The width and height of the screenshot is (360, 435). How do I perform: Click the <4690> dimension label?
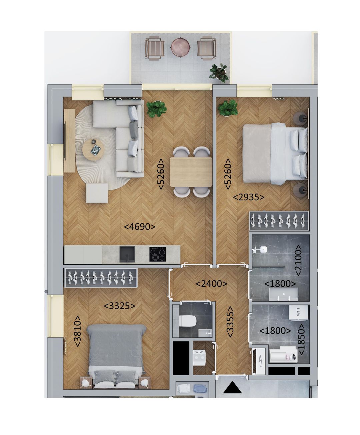tap(140, 227)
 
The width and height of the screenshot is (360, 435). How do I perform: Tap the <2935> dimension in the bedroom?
tap(249, 197)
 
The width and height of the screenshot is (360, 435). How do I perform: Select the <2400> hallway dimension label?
tap(211, 284)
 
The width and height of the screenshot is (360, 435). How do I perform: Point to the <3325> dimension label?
tap(119, 306)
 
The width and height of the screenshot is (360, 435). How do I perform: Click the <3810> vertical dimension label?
tap(77, 332)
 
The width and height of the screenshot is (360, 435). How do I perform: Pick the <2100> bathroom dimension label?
tap(298, 261)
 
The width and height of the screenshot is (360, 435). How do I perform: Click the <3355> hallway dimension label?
tap(230, 322)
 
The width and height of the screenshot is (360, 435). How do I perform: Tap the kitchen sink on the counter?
tap(127, 254)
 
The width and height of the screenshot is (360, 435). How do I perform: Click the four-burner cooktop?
tap(158, 254)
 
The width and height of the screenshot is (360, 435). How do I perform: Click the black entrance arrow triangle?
tap(233, 389)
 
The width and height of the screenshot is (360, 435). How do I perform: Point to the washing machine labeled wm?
tap(298, 313)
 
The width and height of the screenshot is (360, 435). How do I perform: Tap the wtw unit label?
tap(199, 352)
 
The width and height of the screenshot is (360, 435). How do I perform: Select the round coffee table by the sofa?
tap(93, 149)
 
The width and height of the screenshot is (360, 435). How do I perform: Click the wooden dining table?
tap(191, 172)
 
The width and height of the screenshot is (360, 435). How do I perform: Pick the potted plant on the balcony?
tap(219, 72)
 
